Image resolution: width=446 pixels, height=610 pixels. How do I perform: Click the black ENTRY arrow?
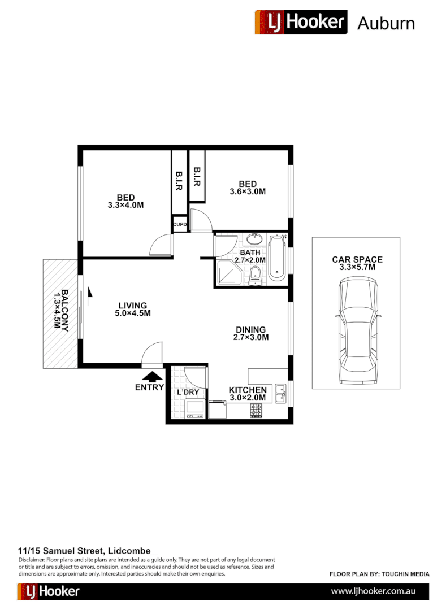(151, 376)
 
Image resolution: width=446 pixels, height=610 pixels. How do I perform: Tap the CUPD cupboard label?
(180, 224)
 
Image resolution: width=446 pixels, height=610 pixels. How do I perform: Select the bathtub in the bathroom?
(277, 258)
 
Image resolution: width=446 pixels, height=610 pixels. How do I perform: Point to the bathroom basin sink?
(254, 239)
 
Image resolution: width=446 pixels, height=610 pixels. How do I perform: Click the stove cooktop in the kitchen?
(256, 411)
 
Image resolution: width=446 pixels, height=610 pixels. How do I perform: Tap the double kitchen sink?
(280, 393)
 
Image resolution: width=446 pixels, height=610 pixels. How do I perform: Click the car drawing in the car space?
(357, 333)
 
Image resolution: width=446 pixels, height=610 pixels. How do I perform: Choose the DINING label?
(250, 330)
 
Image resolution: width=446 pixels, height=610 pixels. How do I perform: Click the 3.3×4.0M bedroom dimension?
(125, 206)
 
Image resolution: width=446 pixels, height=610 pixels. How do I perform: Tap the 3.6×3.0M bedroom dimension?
(248, 192)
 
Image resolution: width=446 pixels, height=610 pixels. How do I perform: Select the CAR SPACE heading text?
(357, 260)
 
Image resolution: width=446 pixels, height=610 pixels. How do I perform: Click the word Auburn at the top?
(386, 23)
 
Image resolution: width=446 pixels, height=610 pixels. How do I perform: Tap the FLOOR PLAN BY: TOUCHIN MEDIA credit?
(379, 574)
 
